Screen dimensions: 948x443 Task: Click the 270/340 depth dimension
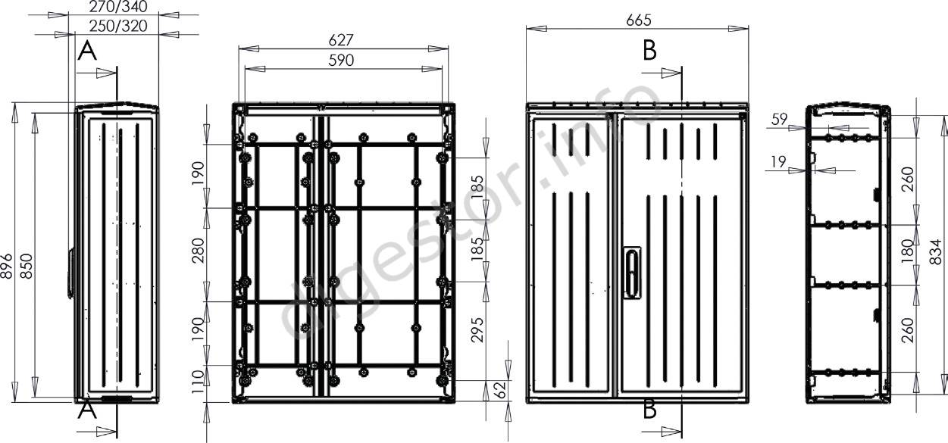point(118,6)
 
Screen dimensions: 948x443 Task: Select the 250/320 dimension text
point(118,27)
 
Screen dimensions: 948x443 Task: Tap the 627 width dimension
point(341,40)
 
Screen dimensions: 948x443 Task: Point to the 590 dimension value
point(341,61)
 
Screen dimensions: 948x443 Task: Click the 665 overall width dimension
point(639,20)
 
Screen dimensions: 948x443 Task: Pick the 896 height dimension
point(6,266)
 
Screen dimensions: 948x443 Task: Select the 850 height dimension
point(27,266)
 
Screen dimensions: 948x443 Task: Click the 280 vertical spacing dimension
point(198,251)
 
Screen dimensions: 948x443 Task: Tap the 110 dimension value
point(198,382)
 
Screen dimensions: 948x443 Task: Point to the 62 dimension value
point(500,390)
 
